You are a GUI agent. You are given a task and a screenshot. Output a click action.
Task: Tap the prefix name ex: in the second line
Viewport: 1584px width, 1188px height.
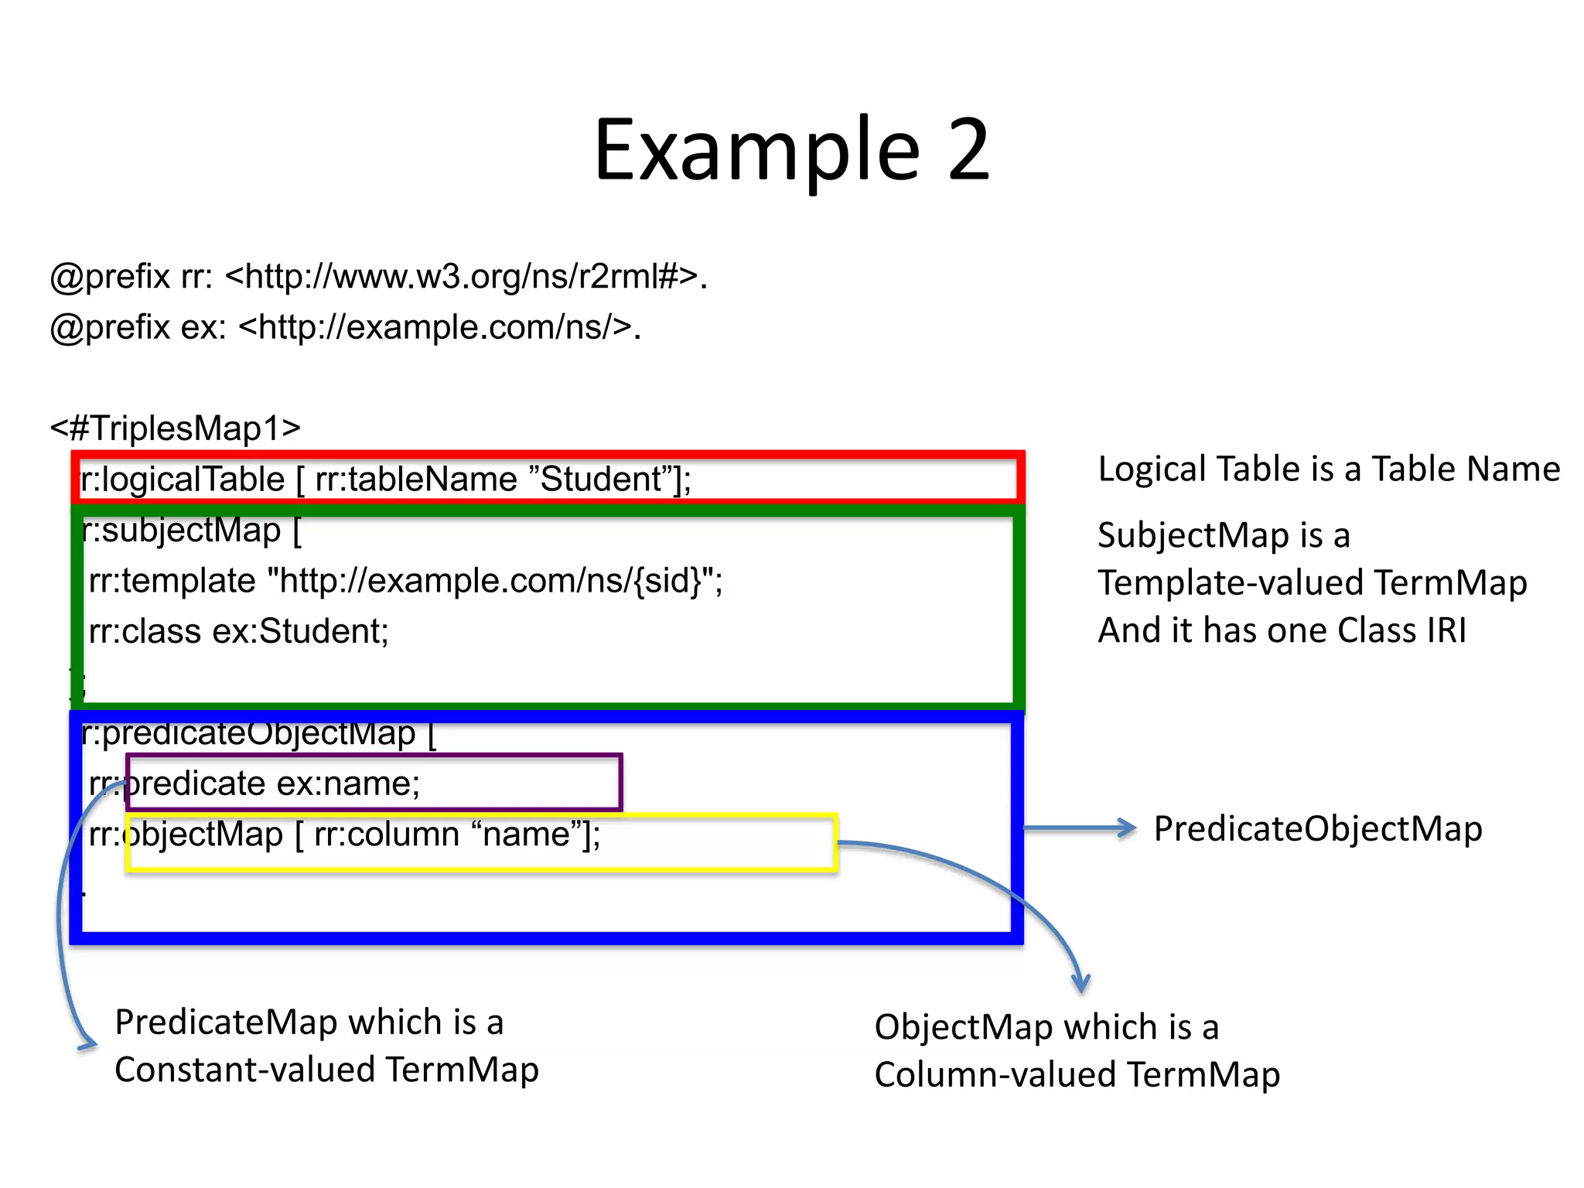tap(203, 328)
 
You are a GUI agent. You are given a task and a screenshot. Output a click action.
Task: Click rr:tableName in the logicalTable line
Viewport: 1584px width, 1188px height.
tap(416, 480)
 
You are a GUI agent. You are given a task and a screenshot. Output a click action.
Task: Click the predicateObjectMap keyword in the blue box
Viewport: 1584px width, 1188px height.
tap(258, 733)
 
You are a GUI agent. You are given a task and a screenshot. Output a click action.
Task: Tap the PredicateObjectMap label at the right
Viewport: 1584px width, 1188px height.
tap(1317, 829)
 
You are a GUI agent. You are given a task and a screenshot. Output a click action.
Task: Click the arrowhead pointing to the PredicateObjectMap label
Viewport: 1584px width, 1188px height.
tap(1128, 828)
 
